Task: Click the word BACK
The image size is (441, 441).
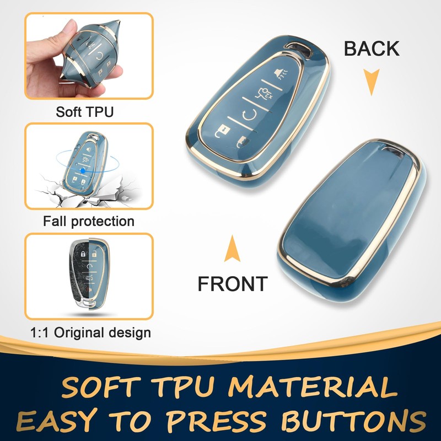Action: (x=372, y=49)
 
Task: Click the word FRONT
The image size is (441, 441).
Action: (x=232, y=284)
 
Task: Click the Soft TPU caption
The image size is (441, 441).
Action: (x=84, y=112)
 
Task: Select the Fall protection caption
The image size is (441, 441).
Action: (x=88, y=222)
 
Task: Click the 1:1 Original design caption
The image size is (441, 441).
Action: (x=89, y=332)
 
